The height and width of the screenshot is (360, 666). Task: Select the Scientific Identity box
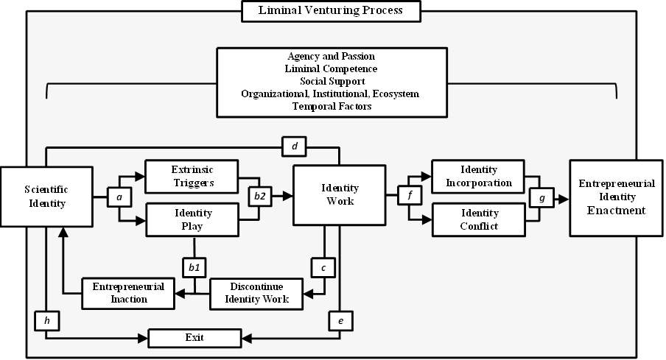coord(47,196)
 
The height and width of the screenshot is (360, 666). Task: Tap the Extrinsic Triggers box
coord(192,174)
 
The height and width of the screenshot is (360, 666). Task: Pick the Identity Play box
coord(192,219)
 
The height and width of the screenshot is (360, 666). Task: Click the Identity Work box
coord(339,195)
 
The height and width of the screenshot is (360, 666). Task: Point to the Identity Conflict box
coord(477,220)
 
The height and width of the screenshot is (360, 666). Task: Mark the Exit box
coord(194,339)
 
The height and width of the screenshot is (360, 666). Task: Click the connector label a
coord(119,197)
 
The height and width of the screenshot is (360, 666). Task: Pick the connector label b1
coord(194,266)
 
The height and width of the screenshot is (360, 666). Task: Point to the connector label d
coord(294,147)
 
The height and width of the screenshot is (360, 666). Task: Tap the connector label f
coord(410,196)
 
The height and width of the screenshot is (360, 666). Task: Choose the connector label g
coord(541,197)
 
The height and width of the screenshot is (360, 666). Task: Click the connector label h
coord(46,321)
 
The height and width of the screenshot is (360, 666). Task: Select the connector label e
coord(340,321)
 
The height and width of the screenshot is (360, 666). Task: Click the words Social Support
coord(332,80)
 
